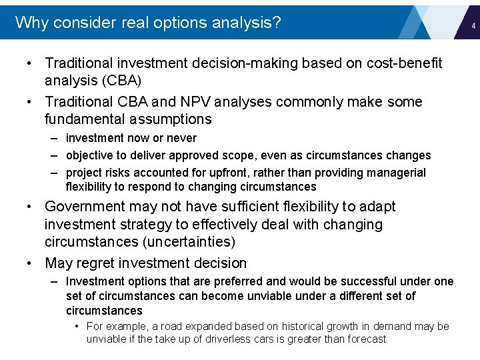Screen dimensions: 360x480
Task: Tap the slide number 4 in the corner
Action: [473, 26]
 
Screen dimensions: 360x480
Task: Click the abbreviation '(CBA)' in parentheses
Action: [121, 81]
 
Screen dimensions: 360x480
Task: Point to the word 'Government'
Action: [85, 207]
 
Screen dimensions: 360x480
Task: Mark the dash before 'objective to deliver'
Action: [56, 155]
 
